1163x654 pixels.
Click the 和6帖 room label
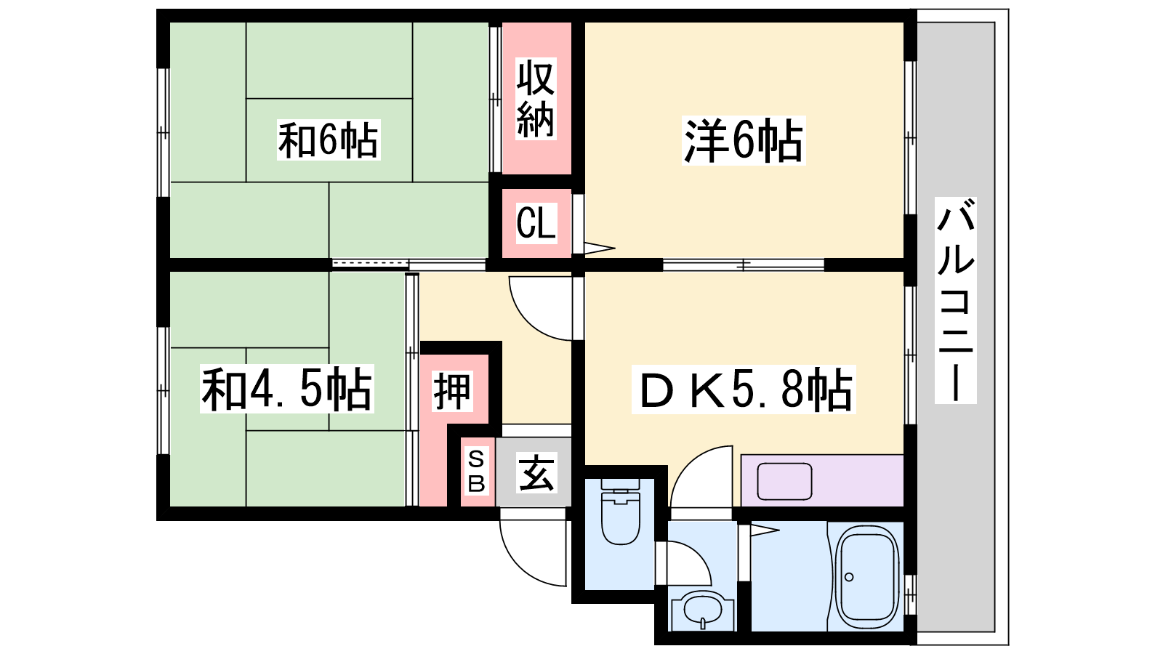328,140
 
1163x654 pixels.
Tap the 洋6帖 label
744,141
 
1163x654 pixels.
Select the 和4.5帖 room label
287,389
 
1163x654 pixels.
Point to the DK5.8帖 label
744,389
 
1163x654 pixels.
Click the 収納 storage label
536,99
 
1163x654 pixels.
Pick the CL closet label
536,222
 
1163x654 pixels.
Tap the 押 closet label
453,392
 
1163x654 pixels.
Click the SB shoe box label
476,472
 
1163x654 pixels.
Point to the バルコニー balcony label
955,300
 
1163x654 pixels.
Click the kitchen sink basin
784,481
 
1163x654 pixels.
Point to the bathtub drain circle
850,577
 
